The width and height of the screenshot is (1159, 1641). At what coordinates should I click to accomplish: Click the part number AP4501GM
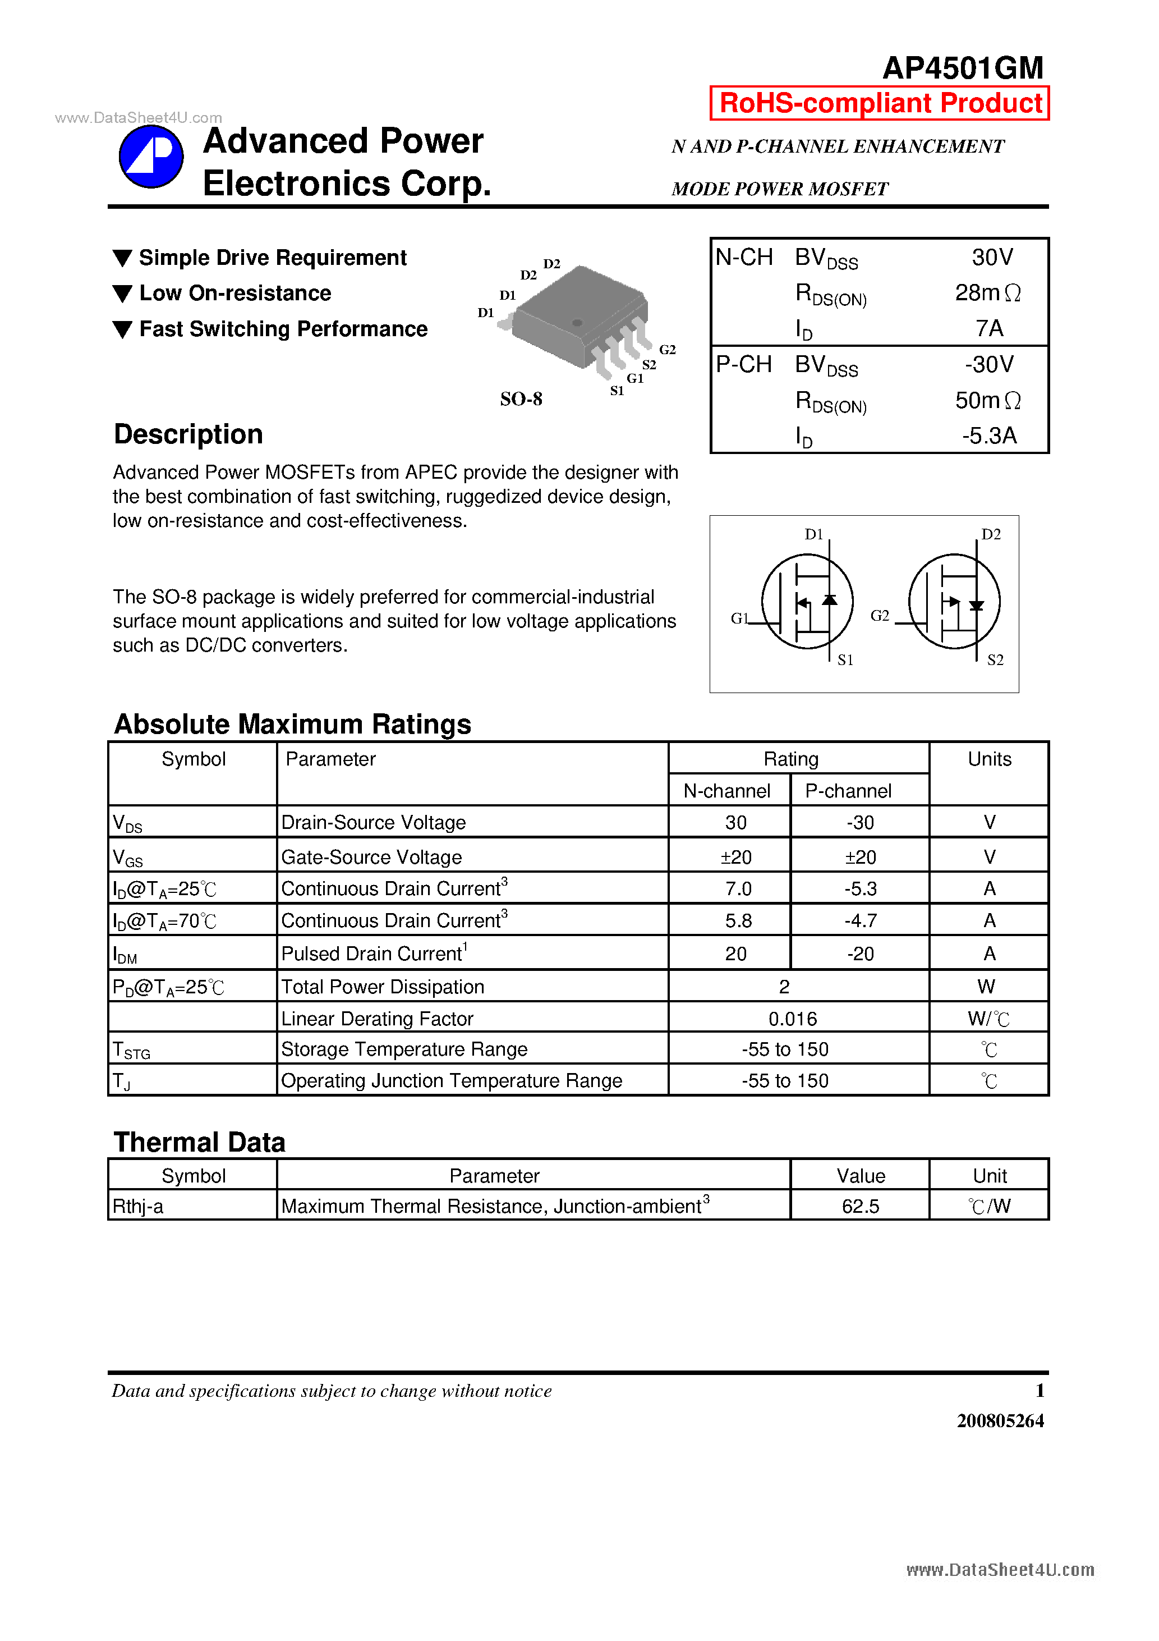point(963,68)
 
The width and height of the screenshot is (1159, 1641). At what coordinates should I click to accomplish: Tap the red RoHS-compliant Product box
point(879,103)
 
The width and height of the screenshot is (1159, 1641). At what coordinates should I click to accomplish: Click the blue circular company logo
point(151,157)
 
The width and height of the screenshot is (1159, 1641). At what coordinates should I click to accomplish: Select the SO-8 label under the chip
point(521,399)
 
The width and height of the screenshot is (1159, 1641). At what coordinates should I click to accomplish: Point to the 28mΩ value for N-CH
point(987,293)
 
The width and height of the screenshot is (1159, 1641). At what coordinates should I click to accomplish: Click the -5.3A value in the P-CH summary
point(988,436)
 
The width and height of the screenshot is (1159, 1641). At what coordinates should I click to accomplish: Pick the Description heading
point(188,434)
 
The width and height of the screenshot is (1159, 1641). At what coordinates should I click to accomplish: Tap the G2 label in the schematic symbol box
point(880,615)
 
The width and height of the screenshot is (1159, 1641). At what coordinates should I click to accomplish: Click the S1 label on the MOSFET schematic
point(845,659)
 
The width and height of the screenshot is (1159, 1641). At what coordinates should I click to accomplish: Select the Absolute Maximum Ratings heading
point(292,724)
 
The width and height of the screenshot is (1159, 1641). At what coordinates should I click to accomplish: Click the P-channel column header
point(848,791)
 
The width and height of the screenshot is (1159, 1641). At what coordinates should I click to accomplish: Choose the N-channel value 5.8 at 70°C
point(738,920)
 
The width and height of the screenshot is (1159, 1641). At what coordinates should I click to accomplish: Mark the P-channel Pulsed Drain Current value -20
point(861,954)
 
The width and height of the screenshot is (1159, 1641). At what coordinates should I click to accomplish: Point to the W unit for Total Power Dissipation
point(986,986)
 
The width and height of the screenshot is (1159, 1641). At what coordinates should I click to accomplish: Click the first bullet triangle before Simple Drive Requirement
point(123,258)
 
